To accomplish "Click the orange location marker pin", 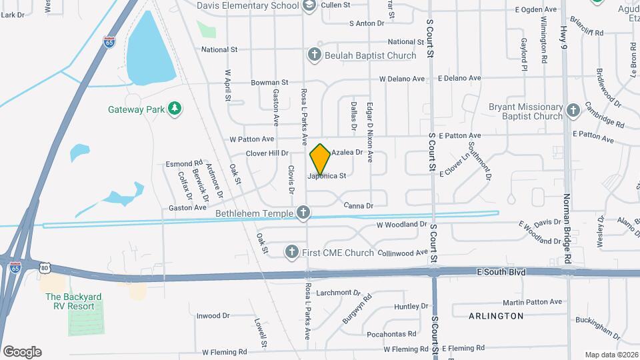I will pyautogui.click(x=321, y=159).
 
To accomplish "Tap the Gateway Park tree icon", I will pyautogui.click(x=175, y=109).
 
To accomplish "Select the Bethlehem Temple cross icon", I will pyautogui.click(x=303, y=213).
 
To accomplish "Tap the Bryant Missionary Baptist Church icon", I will pyautogui.click(x=573, y=111).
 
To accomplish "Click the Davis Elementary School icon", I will pyautogui.click(x=309, y=6).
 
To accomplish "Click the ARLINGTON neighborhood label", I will pyautogui.click(x=495, y=315).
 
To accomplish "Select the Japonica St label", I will pyautogui.click(x=327, y=177).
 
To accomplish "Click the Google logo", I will pyautogui.click(x=22, y=352).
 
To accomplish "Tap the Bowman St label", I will pyautogui.click(x=269, y=83).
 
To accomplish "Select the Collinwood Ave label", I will pyautogui.click(x=402, y=253).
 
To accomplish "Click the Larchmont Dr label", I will pyautogui.click(x=338, y=292).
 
